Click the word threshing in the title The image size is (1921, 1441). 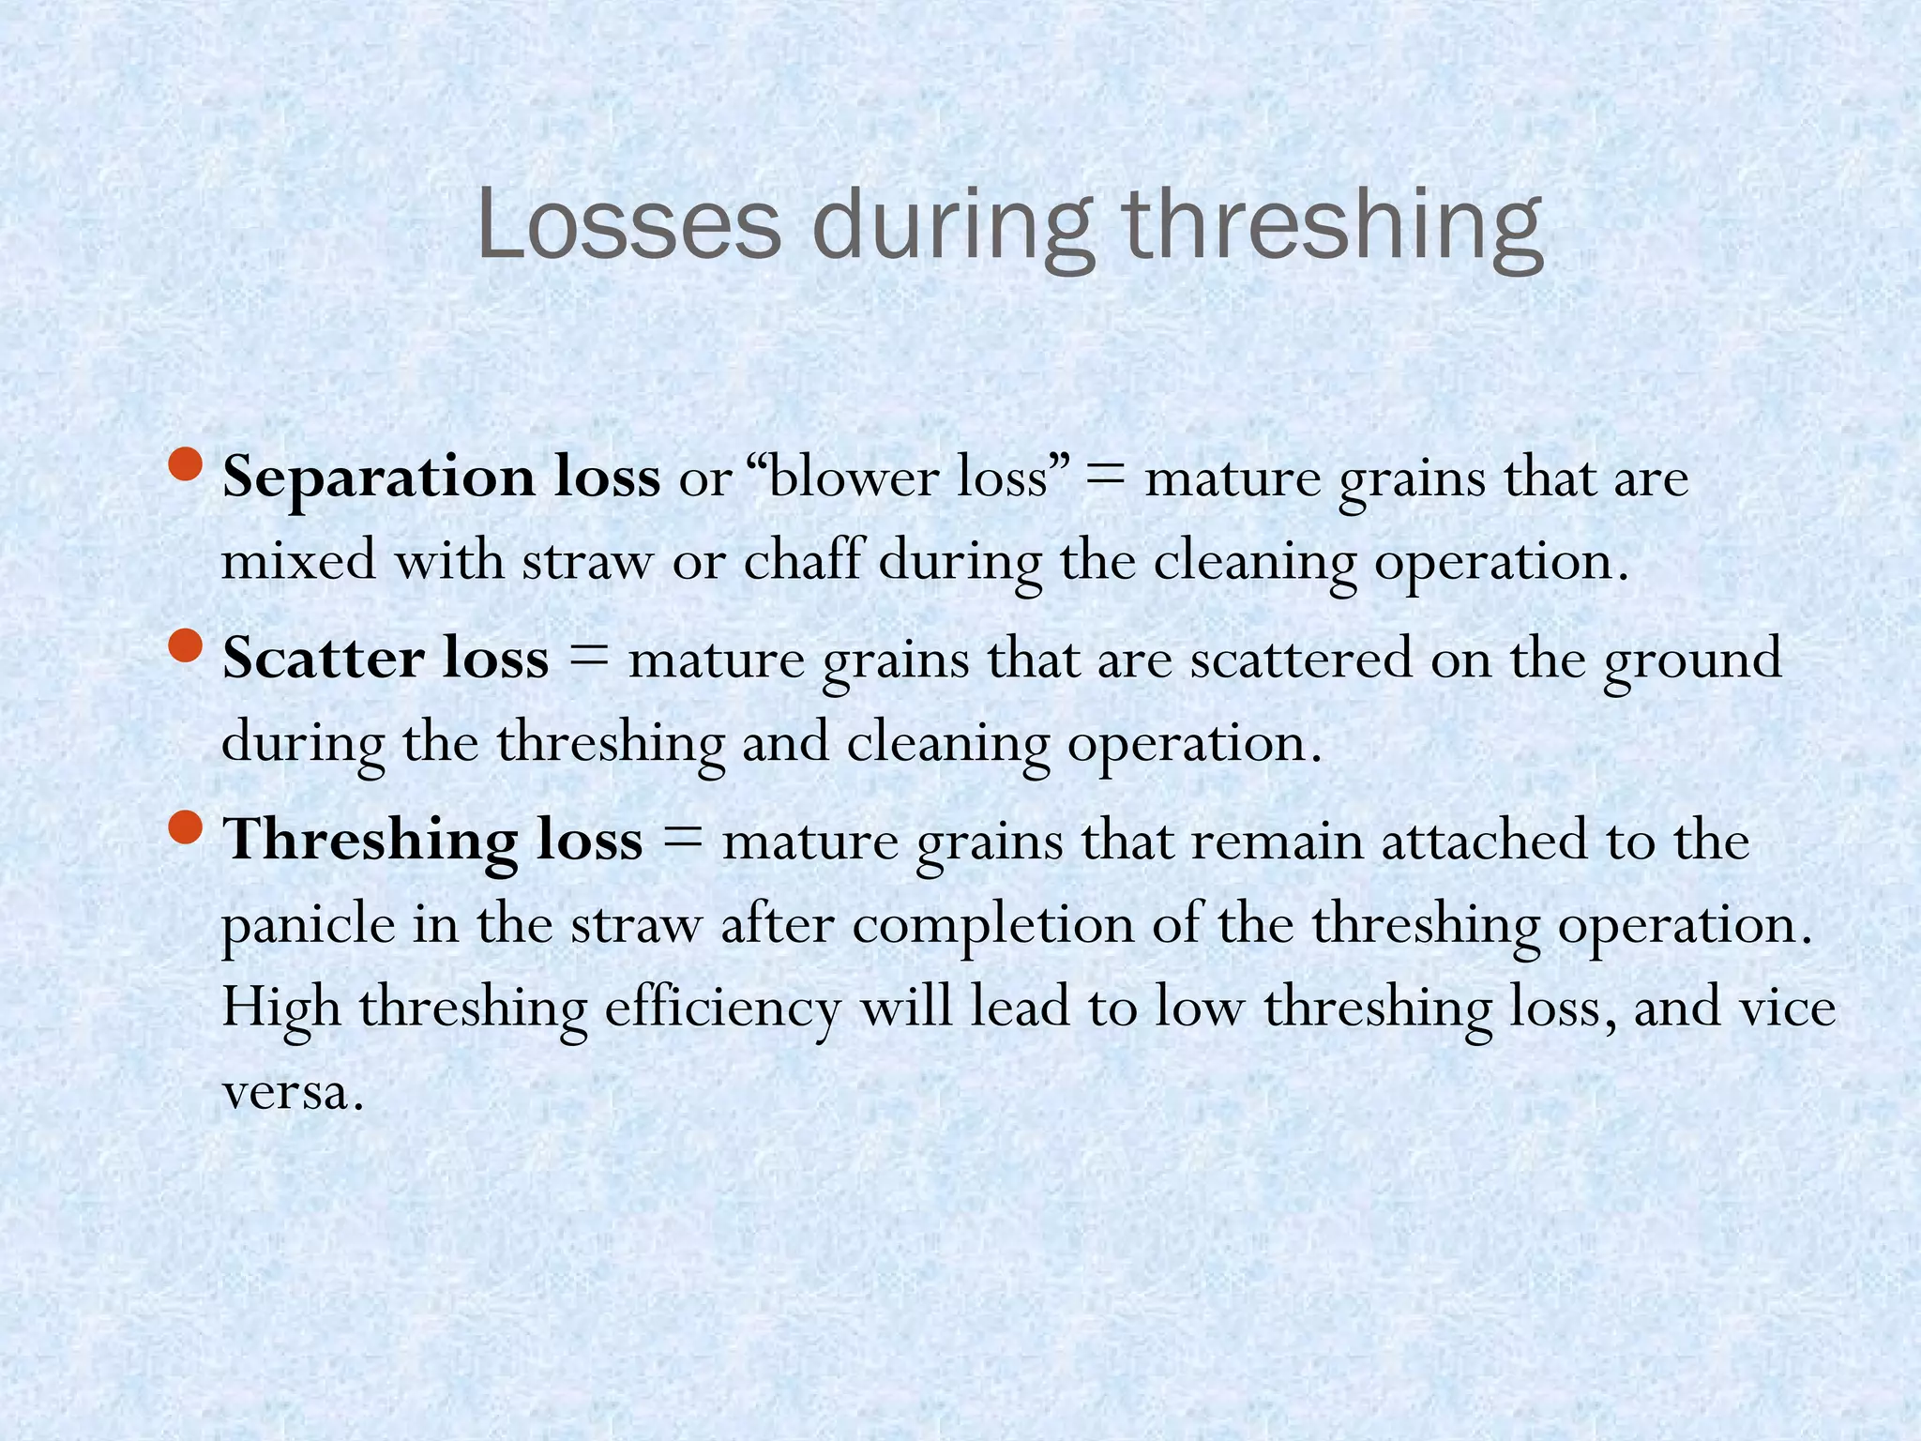1332,230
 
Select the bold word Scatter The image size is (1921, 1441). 322,659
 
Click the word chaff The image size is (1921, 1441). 802,561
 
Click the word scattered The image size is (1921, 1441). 1301,659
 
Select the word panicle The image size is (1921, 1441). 309,925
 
